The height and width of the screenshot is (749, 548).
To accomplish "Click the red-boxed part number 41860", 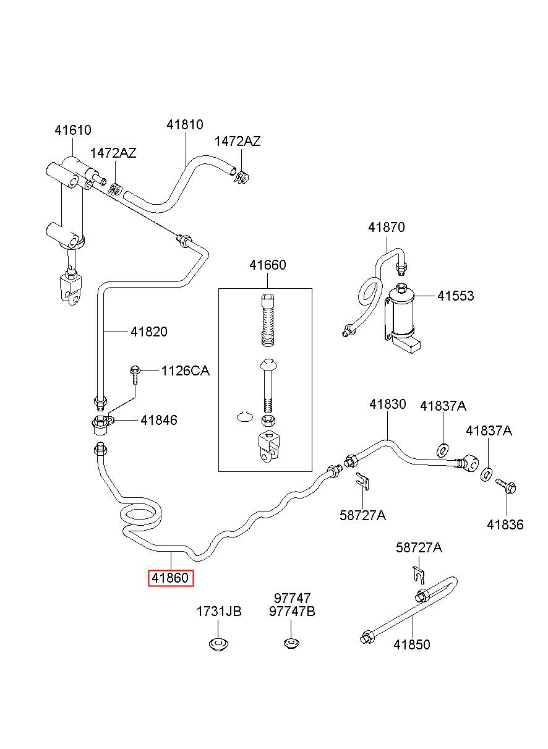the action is point(171,578).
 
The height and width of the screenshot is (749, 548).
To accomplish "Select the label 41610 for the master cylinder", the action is point(73,130).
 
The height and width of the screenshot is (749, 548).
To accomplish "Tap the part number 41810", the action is point(185,124).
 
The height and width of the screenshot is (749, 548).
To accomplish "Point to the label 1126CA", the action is point(185,371).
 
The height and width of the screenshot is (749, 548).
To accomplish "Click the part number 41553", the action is point(456,296).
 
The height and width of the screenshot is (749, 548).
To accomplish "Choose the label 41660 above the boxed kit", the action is point(267,265).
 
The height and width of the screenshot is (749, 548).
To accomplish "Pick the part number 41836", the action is point(505,524).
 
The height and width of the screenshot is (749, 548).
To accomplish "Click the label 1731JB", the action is point(219,611).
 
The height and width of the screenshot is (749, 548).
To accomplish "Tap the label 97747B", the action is point(292,611).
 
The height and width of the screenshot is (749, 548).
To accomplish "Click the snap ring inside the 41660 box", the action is point(244,416).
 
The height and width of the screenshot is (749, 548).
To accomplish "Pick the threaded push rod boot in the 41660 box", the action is point(268,320).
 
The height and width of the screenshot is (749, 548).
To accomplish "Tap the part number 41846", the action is point(159,420).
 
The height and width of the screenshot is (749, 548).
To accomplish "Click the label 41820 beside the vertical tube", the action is point(149,332).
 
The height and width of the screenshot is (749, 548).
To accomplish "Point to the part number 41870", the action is point(387,227).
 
